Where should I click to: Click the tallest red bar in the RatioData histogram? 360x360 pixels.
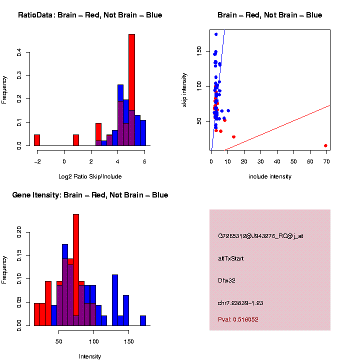coord(132,90)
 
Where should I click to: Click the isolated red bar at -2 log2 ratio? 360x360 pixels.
coord(37,140)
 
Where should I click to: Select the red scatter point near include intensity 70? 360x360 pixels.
coord(325,145)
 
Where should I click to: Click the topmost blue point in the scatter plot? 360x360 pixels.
coord(216,34)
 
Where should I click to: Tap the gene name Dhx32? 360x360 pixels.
coord(226,280)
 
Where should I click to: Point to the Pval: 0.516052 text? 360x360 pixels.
coord(238,319)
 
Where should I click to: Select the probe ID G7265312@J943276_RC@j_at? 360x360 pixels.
coord(260,236)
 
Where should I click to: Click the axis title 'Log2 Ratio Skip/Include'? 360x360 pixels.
coord(90,176)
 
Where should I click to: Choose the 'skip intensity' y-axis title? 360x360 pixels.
coord(184,89)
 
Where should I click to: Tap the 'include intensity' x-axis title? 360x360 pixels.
coord(270,176)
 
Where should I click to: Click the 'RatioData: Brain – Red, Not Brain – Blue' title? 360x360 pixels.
coord(90,15)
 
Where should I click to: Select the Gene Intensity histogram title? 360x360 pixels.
coord(90,195)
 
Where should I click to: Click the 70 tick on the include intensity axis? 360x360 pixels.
coord(325,161)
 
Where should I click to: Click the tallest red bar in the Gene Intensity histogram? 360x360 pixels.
coord(76,270)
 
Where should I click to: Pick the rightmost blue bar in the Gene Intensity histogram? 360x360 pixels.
coord(143,320)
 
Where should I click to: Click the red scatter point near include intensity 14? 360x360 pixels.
coord(233,137)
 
